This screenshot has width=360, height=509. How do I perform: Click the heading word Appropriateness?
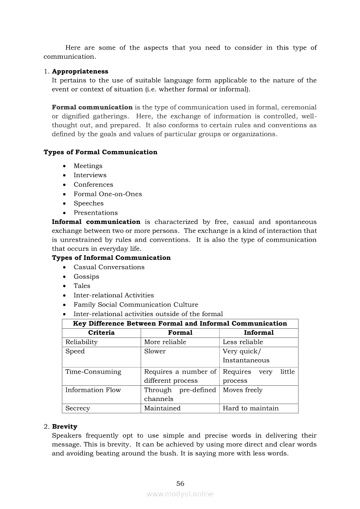tap(80, 71)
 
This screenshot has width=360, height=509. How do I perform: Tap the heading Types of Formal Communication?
tap(100, 152)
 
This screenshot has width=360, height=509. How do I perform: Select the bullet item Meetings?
tap(88, 166)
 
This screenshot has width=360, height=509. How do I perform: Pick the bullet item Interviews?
tap(90, 175)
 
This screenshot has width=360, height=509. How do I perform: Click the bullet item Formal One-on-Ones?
tap(108, 194)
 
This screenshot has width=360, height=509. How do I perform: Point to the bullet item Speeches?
tap(88, 203)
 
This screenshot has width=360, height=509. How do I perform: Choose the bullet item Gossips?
tap(86, 276)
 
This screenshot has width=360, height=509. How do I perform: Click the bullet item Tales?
tap(82, 286)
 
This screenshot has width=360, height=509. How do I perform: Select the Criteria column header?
tap(101, 333)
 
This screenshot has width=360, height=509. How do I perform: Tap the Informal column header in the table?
tap(258, 333)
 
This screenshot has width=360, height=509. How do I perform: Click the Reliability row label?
tap(82, 342)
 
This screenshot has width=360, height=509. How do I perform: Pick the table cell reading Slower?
tap(155, 351)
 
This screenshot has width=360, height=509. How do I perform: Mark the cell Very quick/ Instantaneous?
tap(246, 356)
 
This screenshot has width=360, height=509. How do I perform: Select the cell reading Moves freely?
tap(243, 390)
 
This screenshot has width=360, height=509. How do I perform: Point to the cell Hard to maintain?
tap(251, 408)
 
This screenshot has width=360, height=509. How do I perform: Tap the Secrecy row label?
tap(78, 408)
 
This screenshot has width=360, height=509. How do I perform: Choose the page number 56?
tap(180, 484)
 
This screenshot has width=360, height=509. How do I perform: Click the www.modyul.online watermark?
tap(180, 494)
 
